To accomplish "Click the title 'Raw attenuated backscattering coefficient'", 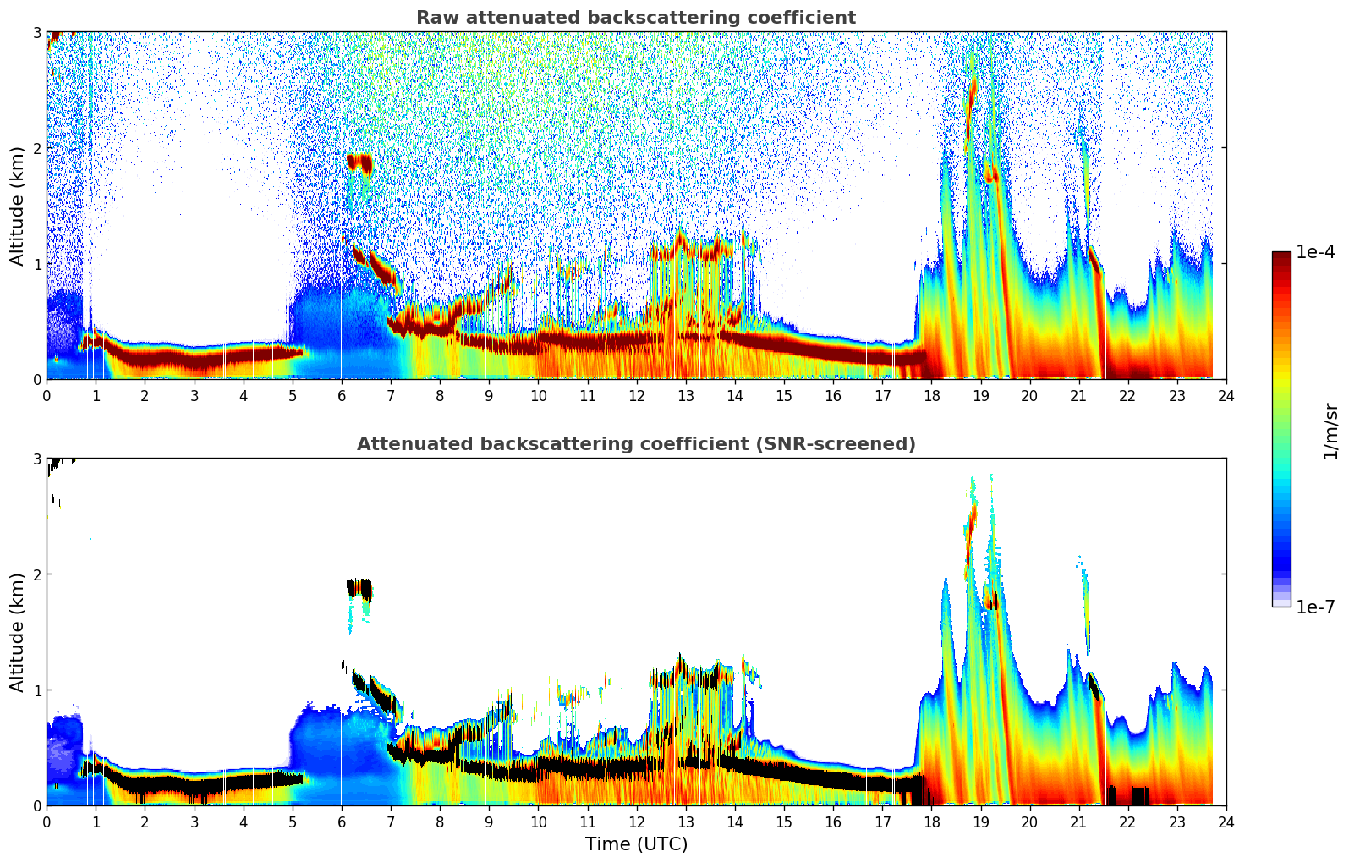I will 635,18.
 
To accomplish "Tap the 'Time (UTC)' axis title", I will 636,844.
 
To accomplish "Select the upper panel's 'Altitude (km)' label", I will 17,206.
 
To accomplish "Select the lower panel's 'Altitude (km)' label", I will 17,632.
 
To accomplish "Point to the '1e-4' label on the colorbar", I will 1315,252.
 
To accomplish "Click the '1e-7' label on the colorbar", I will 1315,607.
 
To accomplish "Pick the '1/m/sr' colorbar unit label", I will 1330,431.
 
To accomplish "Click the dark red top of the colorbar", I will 1281,256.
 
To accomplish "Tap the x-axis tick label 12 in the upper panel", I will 636,395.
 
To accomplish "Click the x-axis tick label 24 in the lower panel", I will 1226,822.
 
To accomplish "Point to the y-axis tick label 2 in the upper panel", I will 36,148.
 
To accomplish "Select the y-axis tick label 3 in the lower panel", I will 36,459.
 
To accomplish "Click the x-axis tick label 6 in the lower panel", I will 342,822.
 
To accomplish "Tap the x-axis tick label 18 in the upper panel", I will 931,395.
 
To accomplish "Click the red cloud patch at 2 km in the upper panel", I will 359,162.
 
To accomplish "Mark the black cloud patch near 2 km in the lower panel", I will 359,588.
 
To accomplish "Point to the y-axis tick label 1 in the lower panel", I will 36,690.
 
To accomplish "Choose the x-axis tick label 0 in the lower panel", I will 47,822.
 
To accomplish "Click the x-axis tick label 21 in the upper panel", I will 1078,395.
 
